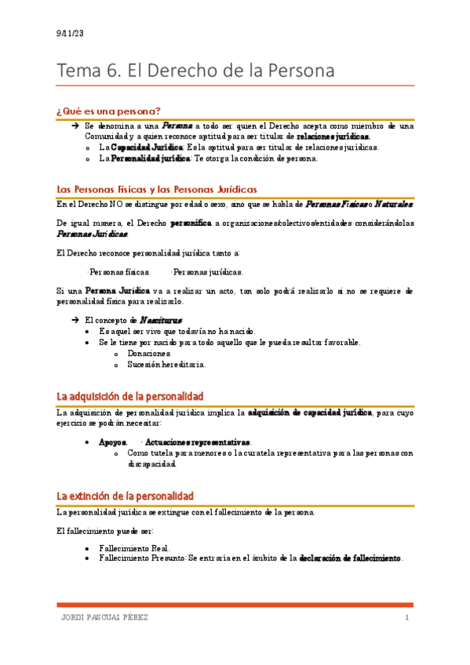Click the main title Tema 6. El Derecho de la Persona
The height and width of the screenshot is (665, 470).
pos(196,71)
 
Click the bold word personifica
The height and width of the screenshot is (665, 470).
pos(191,223)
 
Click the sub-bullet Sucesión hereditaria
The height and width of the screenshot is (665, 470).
pos(166,364)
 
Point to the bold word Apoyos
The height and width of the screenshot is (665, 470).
pos(112,443)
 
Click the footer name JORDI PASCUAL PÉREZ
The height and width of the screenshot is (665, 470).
pos(104,618)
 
